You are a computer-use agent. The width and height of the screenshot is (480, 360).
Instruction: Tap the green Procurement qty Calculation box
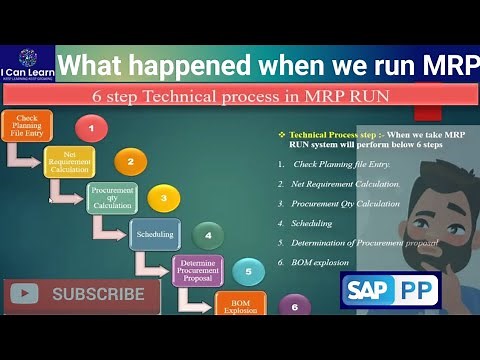(x=112, y=195)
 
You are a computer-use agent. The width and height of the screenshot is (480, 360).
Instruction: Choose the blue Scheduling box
(x=154, y=234)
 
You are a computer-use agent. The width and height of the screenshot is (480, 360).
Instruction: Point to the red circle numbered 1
(x=91, y=129)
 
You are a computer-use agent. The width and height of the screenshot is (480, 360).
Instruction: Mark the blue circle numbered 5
(x=248, y=271)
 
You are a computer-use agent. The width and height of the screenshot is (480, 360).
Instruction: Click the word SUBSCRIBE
(x=98, y=294)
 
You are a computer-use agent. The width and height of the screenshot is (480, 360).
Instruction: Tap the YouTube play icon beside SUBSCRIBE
(x=24, y=294)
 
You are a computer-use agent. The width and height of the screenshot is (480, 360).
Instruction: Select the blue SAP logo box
(x=370, y=292)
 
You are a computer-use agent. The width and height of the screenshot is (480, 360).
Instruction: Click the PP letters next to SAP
(x=418, y=292)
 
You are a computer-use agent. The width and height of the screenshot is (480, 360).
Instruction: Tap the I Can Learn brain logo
(x=27, y=59)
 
